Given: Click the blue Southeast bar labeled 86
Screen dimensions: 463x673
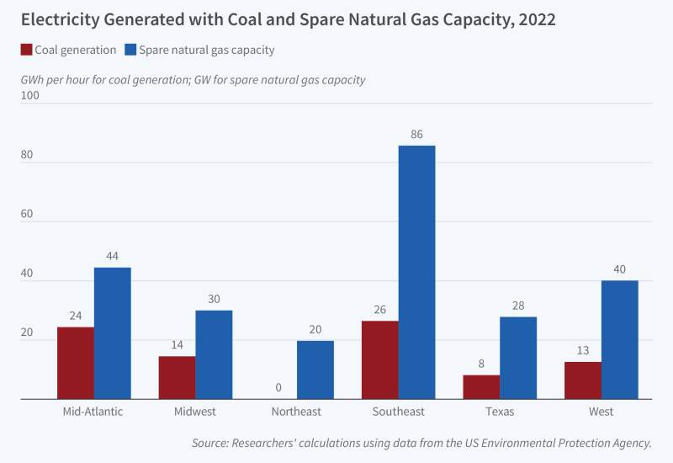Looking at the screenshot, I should point(416,272).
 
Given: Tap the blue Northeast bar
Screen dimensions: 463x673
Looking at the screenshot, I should point(315,370).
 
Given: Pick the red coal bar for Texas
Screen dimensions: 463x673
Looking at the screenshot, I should point(481,387).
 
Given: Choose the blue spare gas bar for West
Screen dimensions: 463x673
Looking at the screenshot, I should point(620,339).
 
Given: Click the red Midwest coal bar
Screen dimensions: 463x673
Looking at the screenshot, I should point(178,377).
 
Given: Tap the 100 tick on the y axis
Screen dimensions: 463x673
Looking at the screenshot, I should point(30,95).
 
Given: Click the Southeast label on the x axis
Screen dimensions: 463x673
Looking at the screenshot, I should point(399,412).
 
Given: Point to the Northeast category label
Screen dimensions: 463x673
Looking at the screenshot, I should point(296,412).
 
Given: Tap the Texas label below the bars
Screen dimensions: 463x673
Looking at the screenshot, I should point(500,412).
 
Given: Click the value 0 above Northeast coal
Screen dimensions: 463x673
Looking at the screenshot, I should point(278,389).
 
